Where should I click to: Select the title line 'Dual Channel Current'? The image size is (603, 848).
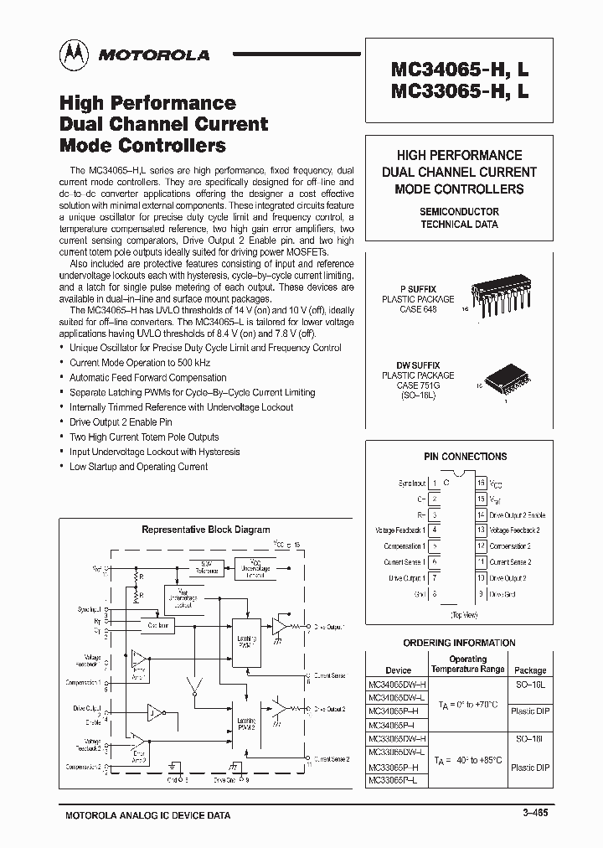tap(163, 124)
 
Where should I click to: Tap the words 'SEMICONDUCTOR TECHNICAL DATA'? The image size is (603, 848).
tap(459, 218)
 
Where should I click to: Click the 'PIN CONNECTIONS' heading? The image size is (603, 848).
tap(465, 457)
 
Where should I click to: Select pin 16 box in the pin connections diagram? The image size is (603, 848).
tap(481, 483)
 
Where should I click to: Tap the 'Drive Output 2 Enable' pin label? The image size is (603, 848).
tap(517, 514)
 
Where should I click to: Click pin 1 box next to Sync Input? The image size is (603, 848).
tap(435, 483)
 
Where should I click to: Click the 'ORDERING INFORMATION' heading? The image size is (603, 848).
tap(458, 644)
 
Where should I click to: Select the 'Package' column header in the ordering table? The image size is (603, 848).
tap(530, 670)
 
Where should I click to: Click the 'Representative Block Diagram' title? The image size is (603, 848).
tap(205, 530)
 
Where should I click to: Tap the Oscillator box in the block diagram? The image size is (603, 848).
tap(159, 625)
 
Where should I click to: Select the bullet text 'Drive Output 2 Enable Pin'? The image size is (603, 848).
tap(121, 422)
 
